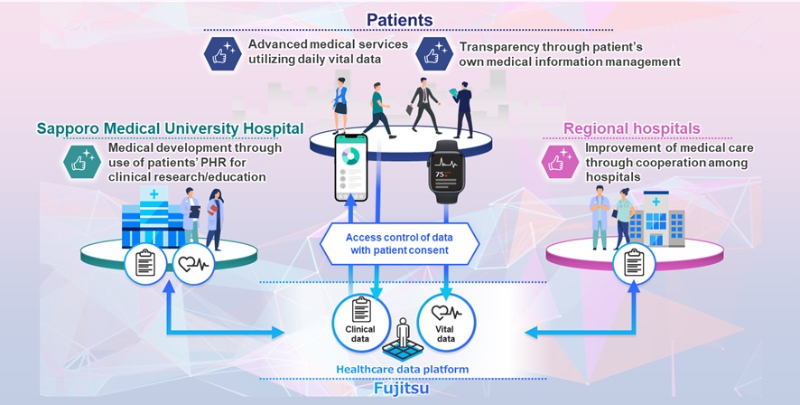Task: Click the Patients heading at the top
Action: [400, 19]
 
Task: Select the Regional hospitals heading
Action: [631, 129]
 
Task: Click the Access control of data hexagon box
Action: [400, 244]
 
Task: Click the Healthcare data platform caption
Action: [400, 369]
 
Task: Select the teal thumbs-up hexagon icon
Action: [79, 163]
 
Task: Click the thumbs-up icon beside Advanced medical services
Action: [220, 54]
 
